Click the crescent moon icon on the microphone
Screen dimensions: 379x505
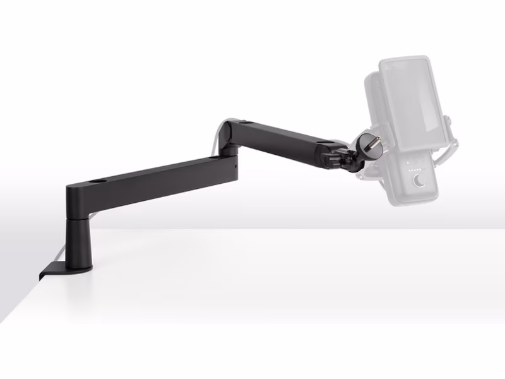(x=419, y=182)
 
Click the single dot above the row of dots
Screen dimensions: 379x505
(x=407, y=164)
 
